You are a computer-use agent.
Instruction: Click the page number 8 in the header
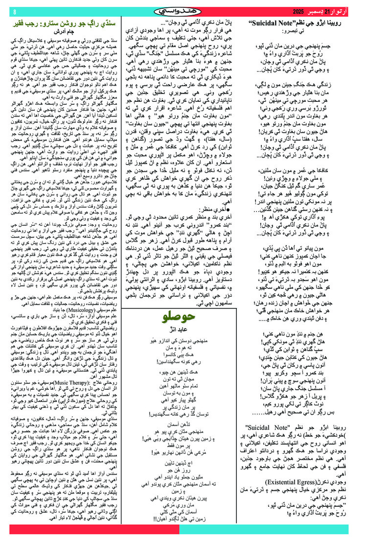tap(14, 11)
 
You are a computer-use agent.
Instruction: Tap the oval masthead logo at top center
tap(183, 11)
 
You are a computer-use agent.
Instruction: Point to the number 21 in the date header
tap(341, 11)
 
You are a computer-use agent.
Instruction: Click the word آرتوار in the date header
tap(354, 11)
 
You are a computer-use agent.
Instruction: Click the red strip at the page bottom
tap(183, 529)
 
